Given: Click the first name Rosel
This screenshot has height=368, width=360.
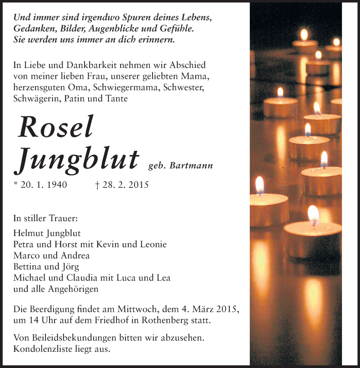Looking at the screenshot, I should pos(55,127).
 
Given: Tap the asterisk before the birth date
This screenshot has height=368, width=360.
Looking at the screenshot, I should pos(16,184).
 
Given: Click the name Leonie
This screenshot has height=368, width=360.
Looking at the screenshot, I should pos(152,245).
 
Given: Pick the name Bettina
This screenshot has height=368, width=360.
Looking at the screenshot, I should pos(28,267).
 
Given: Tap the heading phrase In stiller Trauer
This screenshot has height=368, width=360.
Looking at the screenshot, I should pos(45,218).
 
